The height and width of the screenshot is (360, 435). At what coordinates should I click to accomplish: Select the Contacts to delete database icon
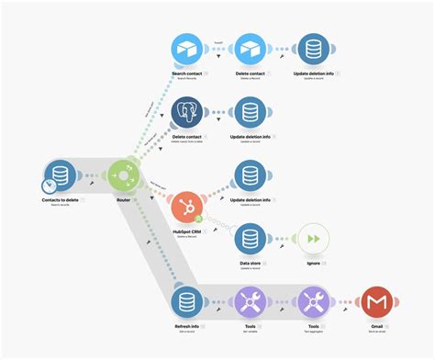[x=61, y=175]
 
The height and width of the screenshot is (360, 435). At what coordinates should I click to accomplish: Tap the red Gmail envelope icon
[x=374, y=302]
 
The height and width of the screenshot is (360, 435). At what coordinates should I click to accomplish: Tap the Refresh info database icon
[x=188, y=302]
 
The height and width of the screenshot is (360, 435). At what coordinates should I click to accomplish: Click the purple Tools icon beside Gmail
[x=313, y=302]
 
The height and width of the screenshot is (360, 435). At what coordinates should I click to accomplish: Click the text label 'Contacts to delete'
[x=61, y=199]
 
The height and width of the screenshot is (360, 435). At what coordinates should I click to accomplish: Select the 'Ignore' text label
[x=312, y=262]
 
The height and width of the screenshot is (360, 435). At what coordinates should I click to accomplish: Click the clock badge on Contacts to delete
[x=48, y=187]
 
